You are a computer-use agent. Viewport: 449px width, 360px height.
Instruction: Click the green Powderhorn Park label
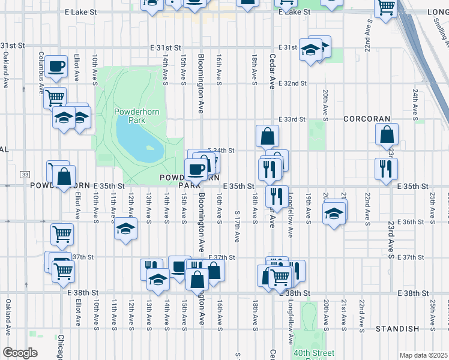point(130,116)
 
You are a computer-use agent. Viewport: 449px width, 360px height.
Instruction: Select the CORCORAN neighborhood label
point(367,119)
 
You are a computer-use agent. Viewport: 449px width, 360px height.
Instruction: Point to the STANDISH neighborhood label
point(397,329)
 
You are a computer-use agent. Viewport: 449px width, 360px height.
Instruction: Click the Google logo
point(20,353)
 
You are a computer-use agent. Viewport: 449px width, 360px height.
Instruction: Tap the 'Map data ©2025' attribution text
point(423,355)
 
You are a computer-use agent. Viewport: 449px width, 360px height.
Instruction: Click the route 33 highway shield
point(25,174)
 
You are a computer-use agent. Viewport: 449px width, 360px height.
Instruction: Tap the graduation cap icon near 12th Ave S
point(125,229)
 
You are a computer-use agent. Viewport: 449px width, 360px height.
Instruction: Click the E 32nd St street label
point(292,83)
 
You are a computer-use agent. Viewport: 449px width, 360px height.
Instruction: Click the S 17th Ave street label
point(238,226)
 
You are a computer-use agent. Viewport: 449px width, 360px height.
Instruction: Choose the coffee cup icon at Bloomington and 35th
point(195,170)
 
